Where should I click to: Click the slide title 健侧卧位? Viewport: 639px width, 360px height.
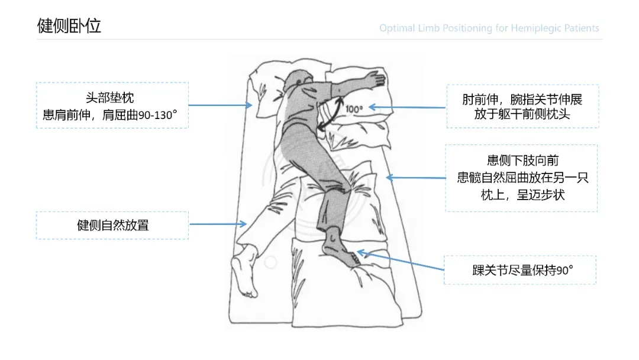click(x=69, y=25)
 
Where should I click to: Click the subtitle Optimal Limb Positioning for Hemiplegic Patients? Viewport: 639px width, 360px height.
click(x=489, y=28)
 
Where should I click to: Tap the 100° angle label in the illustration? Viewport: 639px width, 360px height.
click(x=354, y=109)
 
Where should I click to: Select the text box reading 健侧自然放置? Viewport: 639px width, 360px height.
click(x=112, y=225)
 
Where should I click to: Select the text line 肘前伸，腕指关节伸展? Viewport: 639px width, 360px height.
click(x=522, y=99)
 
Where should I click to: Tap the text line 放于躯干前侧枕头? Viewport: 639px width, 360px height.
click(x=522, y=114)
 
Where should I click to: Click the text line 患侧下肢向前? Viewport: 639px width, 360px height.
click(x=522, y=160)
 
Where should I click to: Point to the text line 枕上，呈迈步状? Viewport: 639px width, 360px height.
click(x=522, y=194)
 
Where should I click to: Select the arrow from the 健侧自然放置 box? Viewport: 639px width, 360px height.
click(x=218, y=224)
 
